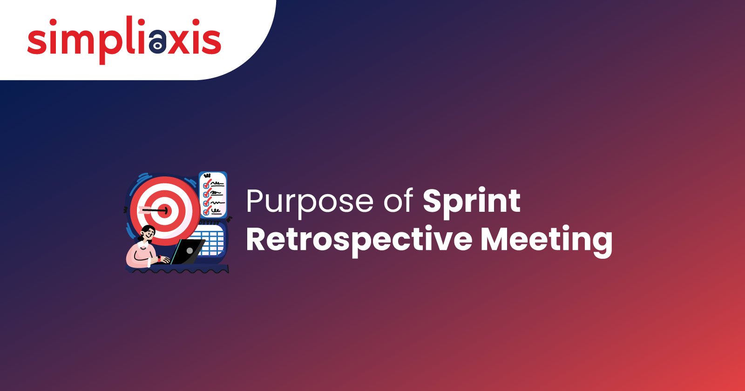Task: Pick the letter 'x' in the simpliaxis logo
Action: pos(180,41)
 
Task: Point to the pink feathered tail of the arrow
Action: pos(144,209)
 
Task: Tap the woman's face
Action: pos(147,234)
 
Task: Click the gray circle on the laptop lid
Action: pos(190,251)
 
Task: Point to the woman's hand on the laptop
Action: pos(165,260)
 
